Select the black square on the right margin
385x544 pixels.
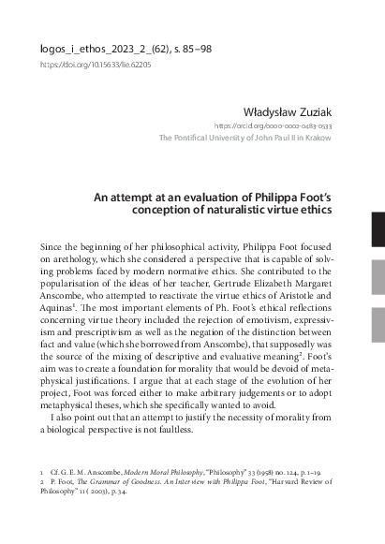pos(378,225)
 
